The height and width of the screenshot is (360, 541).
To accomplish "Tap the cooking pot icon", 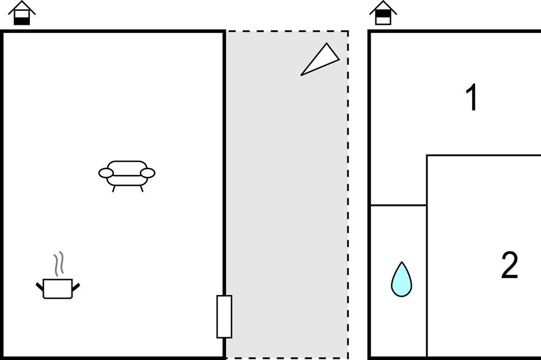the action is pos(58,289).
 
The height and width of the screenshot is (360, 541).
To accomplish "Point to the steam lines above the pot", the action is pos(59,263).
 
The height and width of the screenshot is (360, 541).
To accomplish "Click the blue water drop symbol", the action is pos(401,280).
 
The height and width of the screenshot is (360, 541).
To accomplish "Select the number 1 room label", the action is pos(472,97).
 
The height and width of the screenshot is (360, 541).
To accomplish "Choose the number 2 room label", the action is pos(509,265).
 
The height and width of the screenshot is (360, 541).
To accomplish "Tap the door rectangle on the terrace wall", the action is pos(225,317).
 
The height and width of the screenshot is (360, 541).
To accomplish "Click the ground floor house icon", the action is pos(22,13).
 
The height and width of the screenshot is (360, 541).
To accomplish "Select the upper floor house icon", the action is pos(383,13).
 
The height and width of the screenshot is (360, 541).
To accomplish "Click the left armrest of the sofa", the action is pos(106,173).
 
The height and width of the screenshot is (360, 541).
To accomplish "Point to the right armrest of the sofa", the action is pos(148,173).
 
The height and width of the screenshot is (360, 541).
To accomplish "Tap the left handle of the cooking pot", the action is pos(39,286).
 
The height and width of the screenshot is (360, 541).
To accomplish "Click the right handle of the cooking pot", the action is pos(76,286).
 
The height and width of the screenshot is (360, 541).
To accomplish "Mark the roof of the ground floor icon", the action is pos(22,8).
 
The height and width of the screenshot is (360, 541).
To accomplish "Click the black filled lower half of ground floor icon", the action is pos(22,21).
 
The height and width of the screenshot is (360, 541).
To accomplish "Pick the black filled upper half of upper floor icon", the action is pos(383,14).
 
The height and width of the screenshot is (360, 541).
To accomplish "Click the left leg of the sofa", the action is pos(114,189).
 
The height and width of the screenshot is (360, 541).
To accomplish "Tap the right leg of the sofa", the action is pos(141,189).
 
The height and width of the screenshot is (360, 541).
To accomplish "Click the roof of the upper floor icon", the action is pos(383,8).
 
